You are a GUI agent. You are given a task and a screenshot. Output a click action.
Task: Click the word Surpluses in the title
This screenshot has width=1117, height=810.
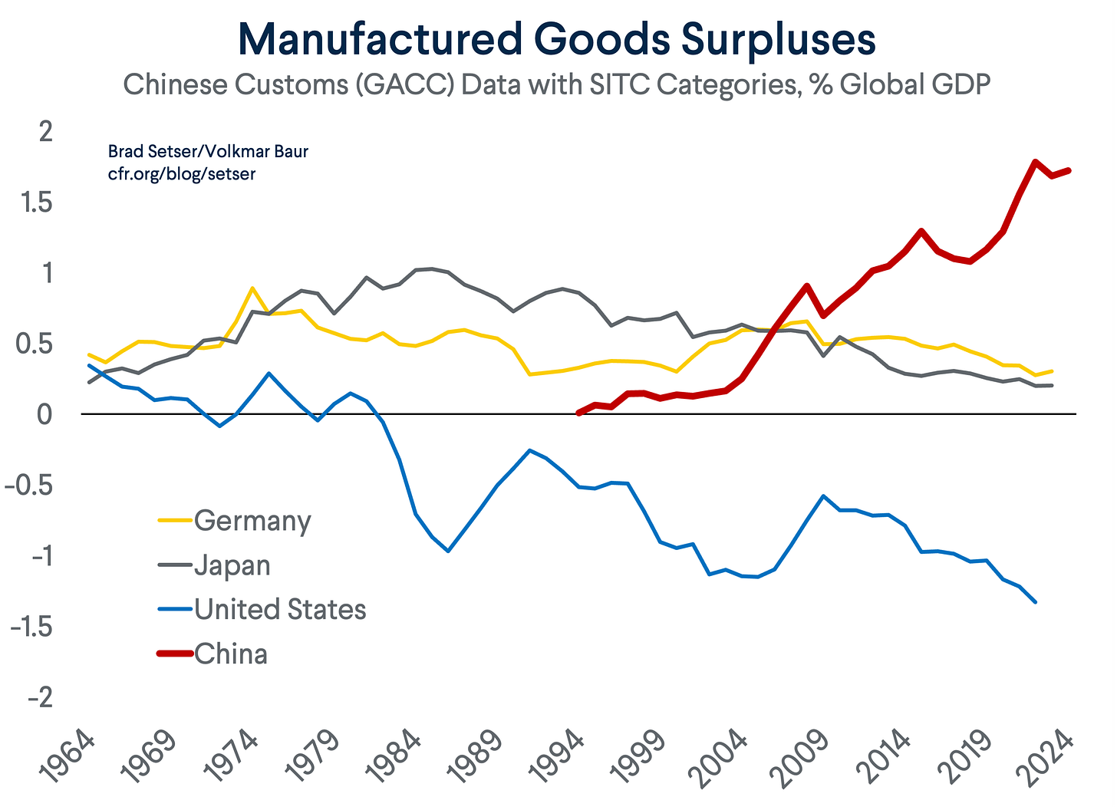[778, 41]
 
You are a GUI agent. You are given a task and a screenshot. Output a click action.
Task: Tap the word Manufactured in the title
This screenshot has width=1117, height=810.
[381, 39]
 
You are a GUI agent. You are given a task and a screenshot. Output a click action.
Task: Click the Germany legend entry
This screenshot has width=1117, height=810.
[235, 522]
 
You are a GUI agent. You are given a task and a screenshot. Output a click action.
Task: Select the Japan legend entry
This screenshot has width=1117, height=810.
[215, 566]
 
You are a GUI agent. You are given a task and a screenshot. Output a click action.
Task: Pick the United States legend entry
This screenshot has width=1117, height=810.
[262, 609]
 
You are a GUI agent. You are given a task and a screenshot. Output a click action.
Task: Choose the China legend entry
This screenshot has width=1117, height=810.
[213, 654]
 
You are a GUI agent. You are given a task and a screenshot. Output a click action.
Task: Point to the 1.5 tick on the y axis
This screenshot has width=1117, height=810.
[36, 202]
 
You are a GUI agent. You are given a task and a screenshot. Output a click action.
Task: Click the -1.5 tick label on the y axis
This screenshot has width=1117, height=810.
[31, 627]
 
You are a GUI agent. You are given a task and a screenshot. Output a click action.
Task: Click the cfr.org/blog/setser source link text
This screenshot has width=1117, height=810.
[182, 174]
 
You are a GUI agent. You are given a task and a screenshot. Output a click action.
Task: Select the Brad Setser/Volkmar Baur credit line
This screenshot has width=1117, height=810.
[208, 151]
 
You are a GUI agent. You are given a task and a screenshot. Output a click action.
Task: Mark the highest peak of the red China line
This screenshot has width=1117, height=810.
[1035, 162]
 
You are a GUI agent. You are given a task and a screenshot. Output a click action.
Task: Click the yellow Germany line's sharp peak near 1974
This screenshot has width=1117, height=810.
[252, 288]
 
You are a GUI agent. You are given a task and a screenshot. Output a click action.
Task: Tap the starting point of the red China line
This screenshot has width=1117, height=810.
[578, 413]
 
